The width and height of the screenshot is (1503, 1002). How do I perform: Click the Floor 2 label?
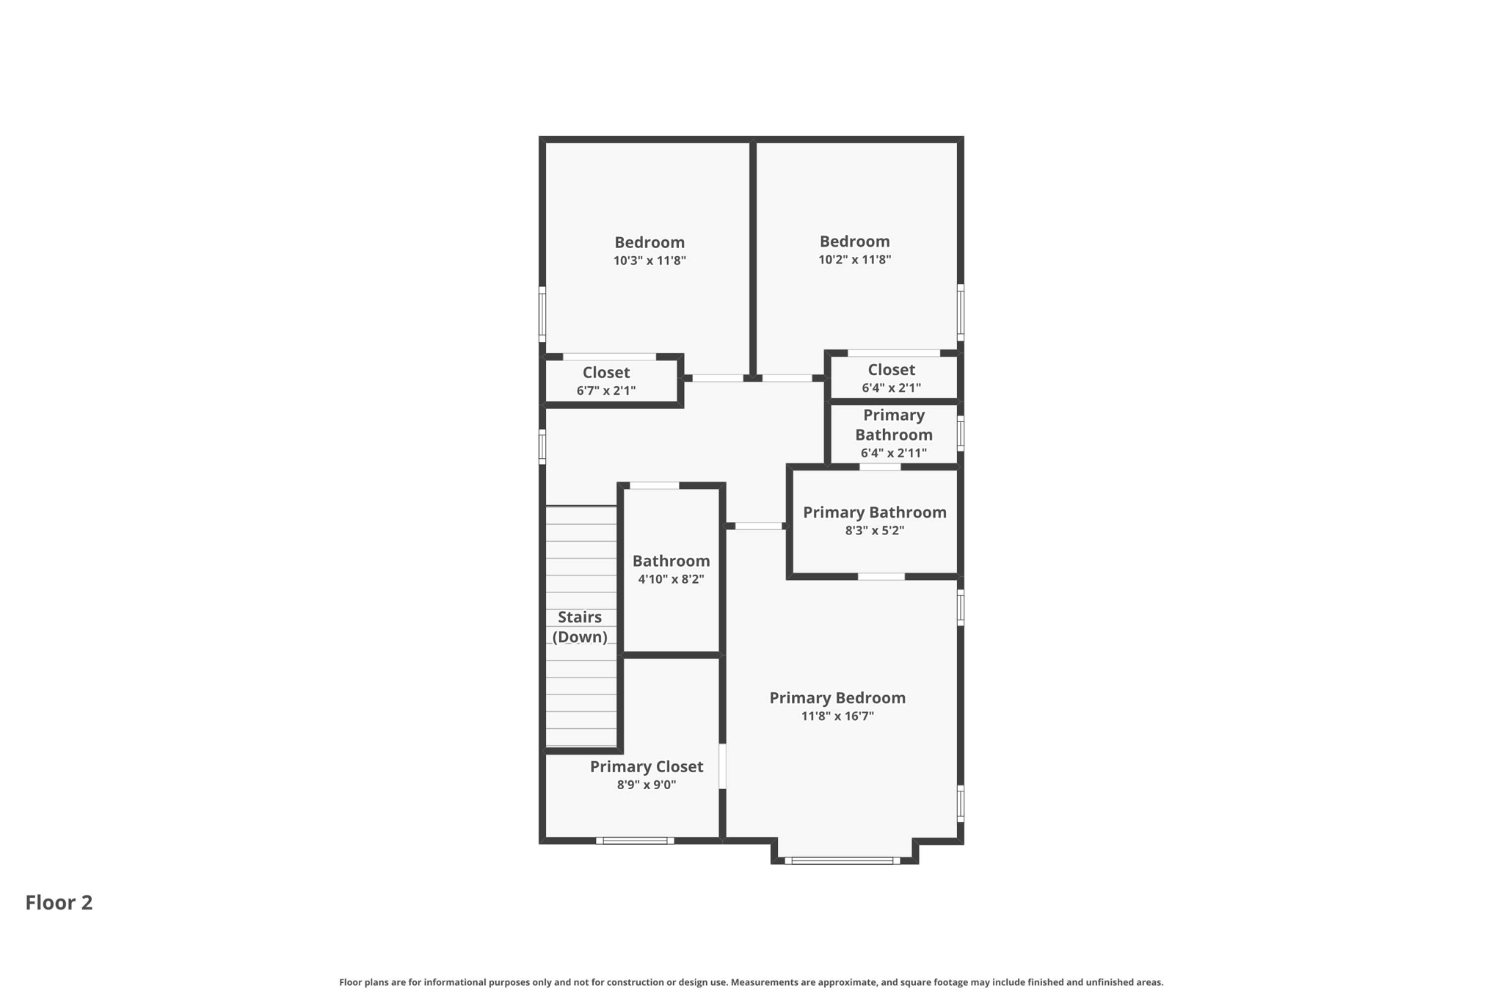tap(59, 902)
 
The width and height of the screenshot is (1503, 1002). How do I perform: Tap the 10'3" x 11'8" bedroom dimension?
tap(649, 261)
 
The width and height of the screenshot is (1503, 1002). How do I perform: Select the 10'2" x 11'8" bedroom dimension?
tap(854, 260)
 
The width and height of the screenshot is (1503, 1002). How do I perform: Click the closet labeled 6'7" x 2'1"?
tap(606, 381)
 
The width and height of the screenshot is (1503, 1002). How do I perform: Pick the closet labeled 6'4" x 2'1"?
tap(891, 378)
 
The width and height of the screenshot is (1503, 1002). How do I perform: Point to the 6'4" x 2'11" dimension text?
tap(893, 454)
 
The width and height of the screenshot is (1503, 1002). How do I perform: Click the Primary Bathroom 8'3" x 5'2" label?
tap(874, 520)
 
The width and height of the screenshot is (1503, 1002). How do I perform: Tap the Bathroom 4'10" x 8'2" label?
tap(671, 569)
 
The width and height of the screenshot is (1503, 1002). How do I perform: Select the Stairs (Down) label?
tap(580, 627)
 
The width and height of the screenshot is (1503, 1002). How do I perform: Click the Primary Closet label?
tap(646, 766)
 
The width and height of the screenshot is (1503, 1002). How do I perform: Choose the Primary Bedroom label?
tap(837, 698)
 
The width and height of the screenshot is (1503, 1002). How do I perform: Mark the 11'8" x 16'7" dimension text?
tap(837, 716)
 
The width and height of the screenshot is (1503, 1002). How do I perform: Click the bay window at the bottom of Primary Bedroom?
tap(843, 860)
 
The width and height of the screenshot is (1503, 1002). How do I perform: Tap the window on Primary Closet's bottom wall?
tap(635, 841)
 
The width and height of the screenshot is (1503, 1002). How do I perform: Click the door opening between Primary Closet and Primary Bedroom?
tap(722, 766)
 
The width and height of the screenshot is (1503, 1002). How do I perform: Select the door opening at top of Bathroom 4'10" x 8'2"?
tap(655, 485)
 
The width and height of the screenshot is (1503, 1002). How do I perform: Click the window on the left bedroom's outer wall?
tap(542, 314)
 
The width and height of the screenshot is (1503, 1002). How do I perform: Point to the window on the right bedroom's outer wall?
tap(960, 313)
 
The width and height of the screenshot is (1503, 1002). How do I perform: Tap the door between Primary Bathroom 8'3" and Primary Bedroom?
tap(881, 577)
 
